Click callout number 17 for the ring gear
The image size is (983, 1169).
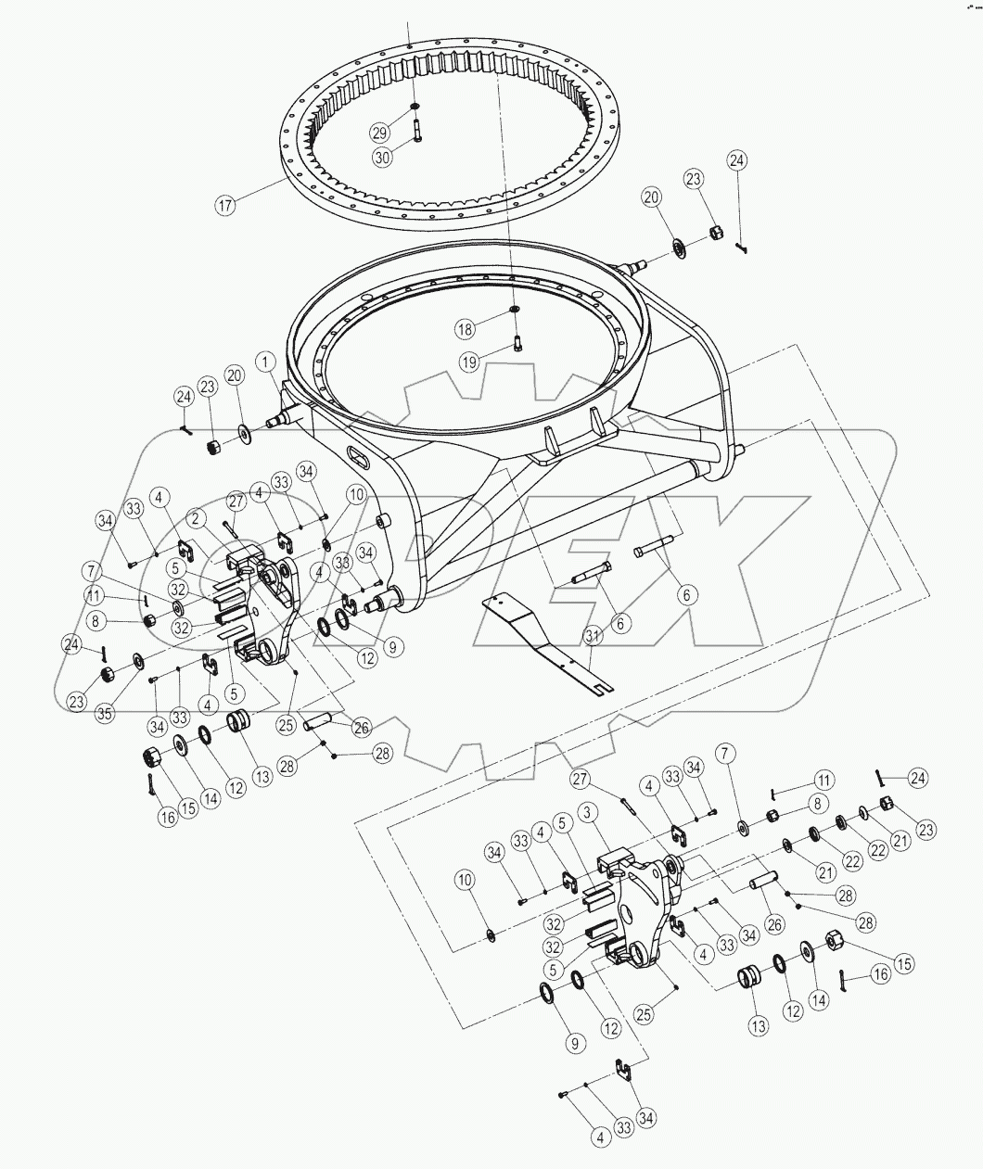[225, 204]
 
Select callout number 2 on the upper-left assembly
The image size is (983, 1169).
[198, 519]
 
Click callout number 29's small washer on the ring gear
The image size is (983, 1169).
[415, 107]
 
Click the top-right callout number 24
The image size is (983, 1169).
[736, 160]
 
